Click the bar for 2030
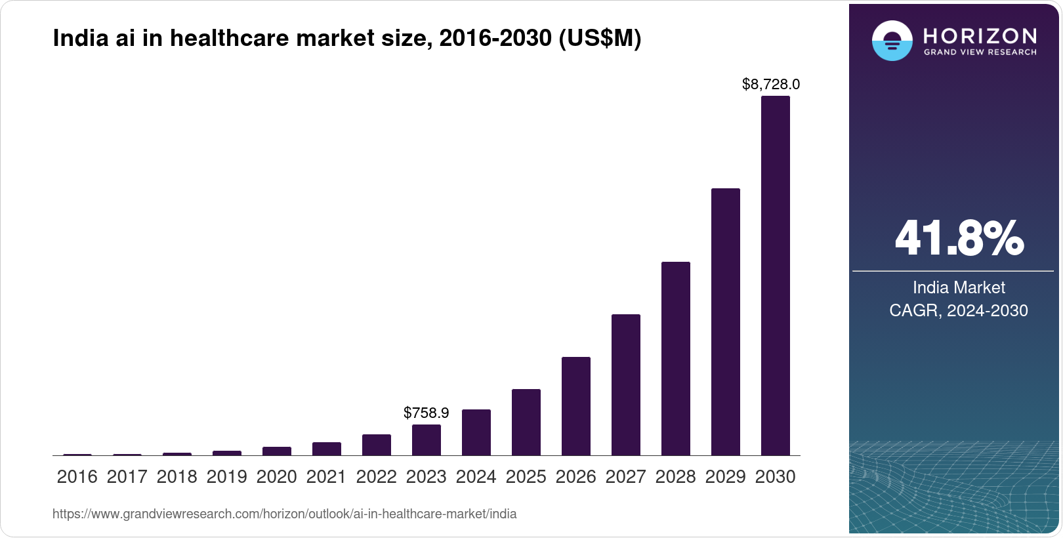[x=775, y=276]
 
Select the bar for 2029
[x=725, y=321]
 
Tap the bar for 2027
[x=625, y=384]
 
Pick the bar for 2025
[x=526, y=422]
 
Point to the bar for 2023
[x=426, y=440]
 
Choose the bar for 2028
[x=675, y=358]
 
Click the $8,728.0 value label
[x=770, y=84]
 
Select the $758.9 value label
[x=426, y=413]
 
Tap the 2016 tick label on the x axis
[x=77, y=477]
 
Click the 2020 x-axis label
[x=276, y=477]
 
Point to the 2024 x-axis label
[x=476, y=477]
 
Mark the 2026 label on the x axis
[x=575, y=477]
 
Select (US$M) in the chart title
[x=599, y=39]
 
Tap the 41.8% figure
[x=959, y=238]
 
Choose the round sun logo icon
[x=892, y=41]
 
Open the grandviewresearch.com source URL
[x=284, y=514]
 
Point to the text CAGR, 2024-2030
[x=958, y=310]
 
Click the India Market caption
[x=959, y=287]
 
